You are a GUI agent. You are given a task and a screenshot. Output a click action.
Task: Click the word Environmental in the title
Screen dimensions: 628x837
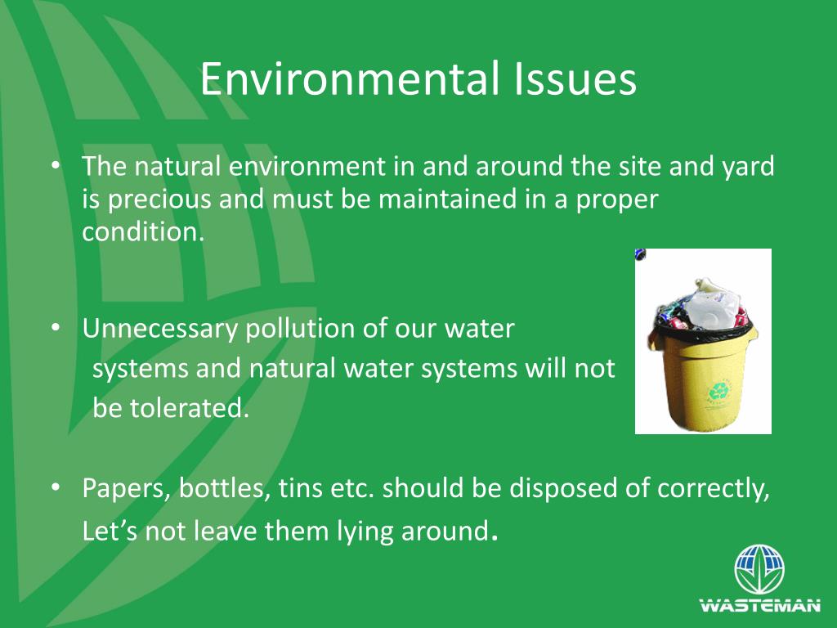point(348,80)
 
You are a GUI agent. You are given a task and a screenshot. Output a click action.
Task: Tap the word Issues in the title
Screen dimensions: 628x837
point(575,80)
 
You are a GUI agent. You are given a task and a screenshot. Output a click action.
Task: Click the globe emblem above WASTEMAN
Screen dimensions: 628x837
point(759,570)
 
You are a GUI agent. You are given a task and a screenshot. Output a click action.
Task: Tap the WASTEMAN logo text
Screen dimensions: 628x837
point(759,606)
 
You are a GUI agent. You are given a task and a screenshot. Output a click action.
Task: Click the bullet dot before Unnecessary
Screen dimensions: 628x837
point(56,327)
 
